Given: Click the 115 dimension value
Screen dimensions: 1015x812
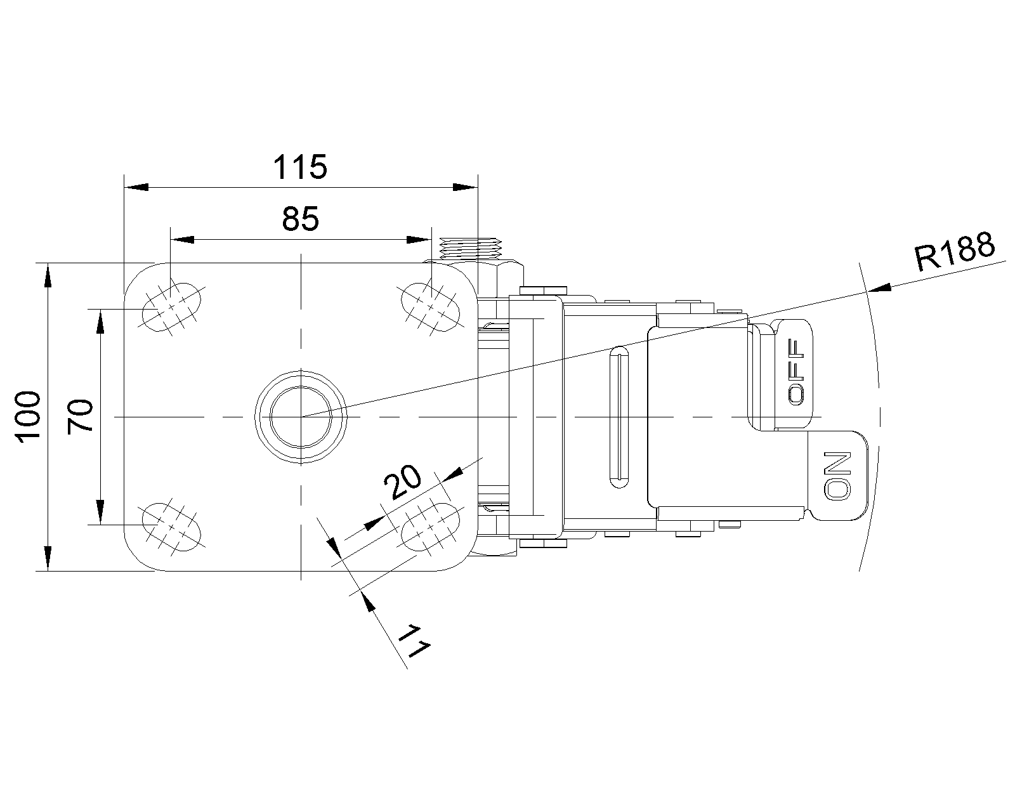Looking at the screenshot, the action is click(300, 167).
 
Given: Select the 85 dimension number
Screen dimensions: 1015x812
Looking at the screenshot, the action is click(301, 219).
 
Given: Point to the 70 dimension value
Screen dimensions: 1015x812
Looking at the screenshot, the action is click(80, 417).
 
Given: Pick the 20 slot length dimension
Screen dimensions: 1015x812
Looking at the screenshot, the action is click(402, 481).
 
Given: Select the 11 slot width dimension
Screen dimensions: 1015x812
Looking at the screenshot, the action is click(414, 641).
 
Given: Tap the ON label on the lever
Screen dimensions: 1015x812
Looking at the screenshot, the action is click(837, 476).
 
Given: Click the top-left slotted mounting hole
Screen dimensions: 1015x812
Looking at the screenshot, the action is click(172, 307).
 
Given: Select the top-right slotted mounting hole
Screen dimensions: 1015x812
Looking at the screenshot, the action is click(430, 307).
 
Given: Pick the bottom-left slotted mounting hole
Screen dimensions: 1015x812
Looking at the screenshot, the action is click(172, 527).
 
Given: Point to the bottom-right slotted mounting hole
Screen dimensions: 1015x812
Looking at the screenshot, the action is click(430, 527).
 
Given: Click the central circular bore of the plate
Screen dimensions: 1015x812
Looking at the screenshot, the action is click(301, 417).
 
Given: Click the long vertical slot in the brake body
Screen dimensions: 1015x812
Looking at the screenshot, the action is click(619, 417).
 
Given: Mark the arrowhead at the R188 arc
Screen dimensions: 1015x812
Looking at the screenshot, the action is click(879, 288).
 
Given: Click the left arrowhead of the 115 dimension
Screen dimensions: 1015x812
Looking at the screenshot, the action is click(136, 187).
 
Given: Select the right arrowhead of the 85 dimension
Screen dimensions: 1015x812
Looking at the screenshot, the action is click(419, 240).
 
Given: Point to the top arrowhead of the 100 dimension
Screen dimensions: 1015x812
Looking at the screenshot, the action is click(48, 275).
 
